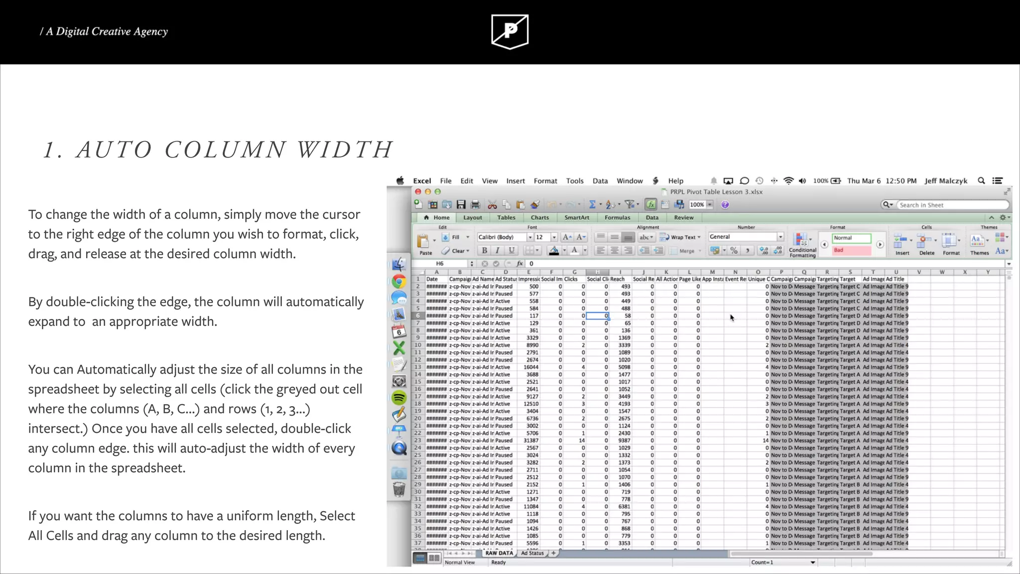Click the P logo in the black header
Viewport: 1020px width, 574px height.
(x=510, y=31)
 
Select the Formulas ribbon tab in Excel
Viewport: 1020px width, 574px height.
(x=617, y=218)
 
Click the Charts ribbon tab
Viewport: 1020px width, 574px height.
(x=539, y=218)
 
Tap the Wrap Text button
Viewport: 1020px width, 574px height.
(x=680, y=237)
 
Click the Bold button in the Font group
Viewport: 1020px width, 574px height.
(x=484, y=251)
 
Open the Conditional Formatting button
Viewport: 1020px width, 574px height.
(x=802, y=245)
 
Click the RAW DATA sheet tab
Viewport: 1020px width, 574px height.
(x=499, y=553)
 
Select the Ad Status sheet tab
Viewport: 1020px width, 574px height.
(x=532, y=553)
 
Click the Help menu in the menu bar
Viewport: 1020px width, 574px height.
(x=675, y=181)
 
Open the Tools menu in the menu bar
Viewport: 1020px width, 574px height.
(x=574, y=181)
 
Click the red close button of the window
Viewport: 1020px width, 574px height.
(x=418, y=192)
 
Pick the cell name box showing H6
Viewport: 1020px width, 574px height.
(x=446, y=264)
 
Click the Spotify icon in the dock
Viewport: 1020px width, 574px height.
(x=399, y=398)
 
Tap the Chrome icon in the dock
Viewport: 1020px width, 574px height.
(x=399, y=282)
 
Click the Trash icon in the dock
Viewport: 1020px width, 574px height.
(x=399, y=489)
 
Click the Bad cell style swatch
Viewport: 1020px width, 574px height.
(x=851, y=250)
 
